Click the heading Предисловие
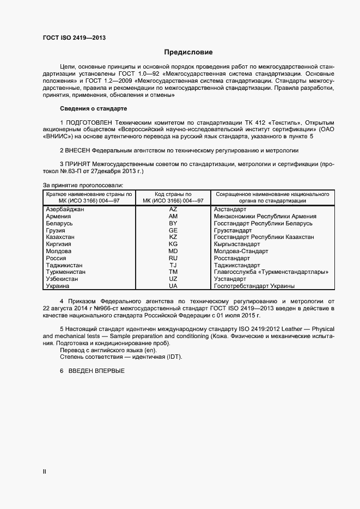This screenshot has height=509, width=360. [188, 52]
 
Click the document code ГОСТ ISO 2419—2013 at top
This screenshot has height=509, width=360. [74, 38]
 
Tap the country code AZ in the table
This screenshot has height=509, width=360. [173, 209]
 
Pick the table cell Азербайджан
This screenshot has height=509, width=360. [65, 209]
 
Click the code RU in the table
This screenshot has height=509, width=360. [173, 259]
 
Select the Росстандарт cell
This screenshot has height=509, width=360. [234, 259]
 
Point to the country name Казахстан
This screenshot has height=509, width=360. [61, 237]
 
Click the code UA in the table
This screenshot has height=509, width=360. [173, 286]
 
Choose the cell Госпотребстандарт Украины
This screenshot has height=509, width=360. [254, 286]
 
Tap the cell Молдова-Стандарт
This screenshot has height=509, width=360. [241, 252]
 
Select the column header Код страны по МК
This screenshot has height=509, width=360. [173, 197]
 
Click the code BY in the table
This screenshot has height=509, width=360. [173, 223]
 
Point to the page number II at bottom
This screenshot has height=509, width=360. [45, 471]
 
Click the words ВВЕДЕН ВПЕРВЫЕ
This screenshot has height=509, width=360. [100, 371]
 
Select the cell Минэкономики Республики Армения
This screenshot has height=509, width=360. [265, 216]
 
